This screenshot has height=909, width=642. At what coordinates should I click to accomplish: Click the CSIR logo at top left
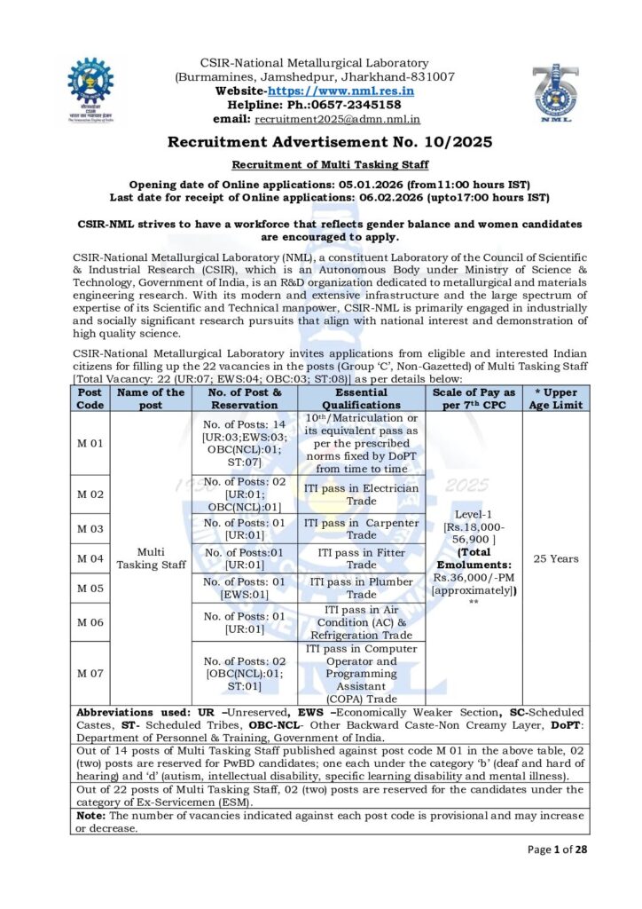click(x=90, y=89)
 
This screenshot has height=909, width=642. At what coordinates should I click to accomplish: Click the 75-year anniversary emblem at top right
click(x=556, y=92)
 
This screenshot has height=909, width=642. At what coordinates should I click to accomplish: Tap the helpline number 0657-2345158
click(x=352, y=105)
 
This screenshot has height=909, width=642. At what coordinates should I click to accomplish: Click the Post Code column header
click(x=90, y=398)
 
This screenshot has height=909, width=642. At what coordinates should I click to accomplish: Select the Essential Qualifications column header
click(x=361, y=398)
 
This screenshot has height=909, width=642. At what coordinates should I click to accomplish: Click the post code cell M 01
click(x=90, y=444)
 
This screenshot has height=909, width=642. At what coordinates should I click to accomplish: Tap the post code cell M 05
click(x=90, y=587)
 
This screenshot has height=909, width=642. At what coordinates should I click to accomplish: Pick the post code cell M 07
click(x=90, y=673)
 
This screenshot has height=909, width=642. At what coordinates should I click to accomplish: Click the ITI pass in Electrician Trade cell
click(x=361, y=494)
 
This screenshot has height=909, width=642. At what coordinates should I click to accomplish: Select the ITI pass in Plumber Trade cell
click(x=361, y=588)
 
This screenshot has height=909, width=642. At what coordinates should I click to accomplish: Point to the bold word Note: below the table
click(x=91, y=814)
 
